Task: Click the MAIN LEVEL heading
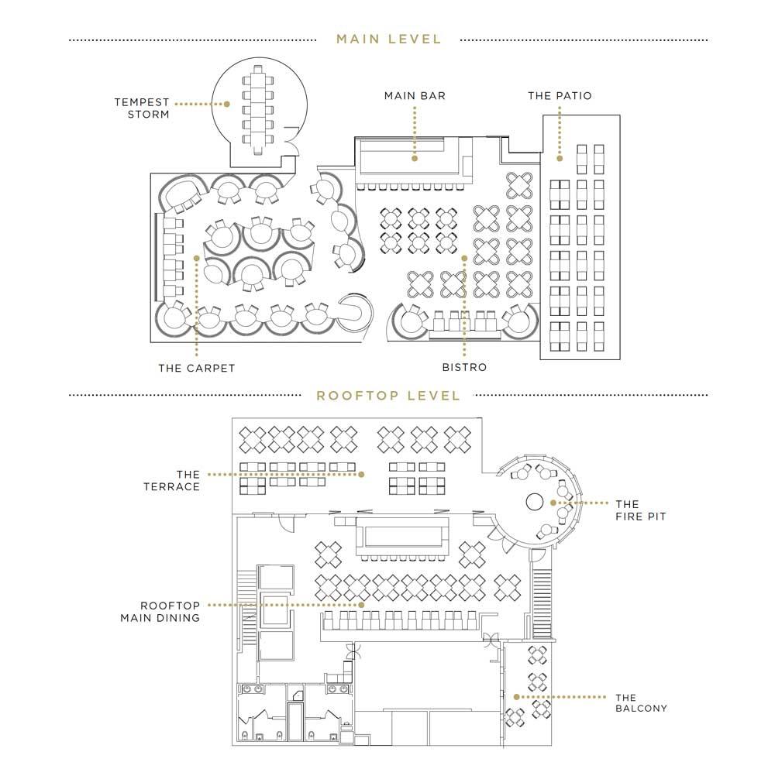tap(388, 39)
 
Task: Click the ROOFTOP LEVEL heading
tap(388, 396)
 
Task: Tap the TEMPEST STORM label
tap(142, 108)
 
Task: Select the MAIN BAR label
tap(415, 96)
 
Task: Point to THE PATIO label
tap(560, 96)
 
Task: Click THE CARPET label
tap(197, 368)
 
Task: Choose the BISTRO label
tap(464, 367)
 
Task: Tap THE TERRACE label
tap(172, 481)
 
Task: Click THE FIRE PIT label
tap(641, 510)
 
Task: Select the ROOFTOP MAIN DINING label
tap(160, 612)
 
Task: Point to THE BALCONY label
tap(641, 703)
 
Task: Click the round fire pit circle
tap(534, 502)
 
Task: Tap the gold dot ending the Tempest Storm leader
tap(227, 105)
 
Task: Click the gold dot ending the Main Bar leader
tap(415, 159)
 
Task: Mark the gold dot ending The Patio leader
tap(560, 159)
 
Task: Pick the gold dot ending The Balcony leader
tap(516, 697)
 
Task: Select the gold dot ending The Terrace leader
tap(361, 474)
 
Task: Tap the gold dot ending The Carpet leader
tap(197, 258)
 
